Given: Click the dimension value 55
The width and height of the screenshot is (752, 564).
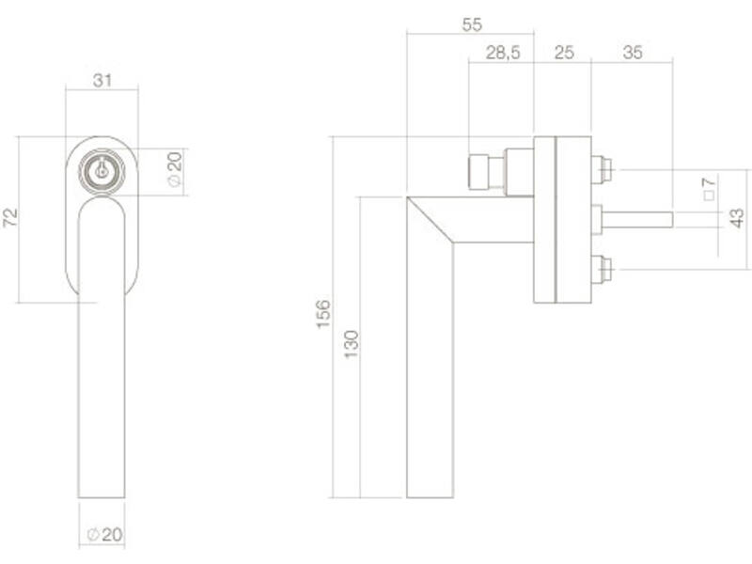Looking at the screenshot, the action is [x=472, y=24].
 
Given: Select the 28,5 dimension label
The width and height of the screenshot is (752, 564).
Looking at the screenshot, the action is [x=503, y=53].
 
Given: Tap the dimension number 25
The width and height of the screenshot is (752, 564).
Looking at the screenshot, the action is [x=563, y=53].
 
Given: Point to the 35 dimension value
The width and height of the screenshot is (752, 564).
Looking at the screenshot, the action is [x=633, y=53].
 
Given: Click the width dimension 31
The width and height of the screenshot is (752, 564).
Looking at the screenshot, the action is [x=102, y=80].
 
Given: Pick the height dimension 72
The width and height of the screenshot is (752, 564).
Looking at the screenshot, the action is [x=10, y=218].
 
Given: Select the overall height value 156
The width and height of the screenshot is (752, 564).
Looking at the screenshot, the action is [x=323, y=314].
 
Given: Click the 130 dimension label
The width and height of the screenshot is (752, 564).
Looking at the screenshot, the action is [x=351, y=344].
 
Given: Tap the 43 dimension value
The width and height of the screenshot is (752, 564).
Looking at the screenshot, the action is [x=736, y=218].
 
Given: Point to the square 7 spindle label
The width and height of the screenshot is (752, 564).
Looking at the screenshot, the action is [x=709, y=189].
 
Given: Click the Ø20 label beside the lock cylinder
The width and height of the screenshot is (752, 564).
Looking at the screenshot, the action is [x=175, y=168].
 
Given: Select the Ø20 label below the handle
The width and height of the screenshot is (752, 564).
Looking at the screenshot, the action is [x=105, y=534].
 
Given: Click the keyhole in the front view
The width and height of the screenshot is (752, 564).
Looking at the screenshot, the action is [x=102, y=170].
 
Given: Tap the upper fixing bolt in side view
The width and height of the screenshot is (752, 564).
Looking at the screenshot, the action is [x=602, y=170].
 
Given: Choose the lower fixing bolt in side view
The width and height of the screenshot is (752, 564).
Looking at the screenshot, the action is [x=602, y=270].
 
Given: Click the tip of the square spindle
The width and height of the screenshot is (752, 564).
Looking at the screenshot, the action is [x=672, y=220].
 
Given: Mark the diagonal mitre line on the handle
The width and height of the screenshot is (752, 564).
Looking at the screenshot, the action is [x=430, y=219].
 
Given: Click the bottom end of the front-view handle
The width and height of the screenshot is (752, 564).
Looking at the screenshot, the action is [x=102, y=497].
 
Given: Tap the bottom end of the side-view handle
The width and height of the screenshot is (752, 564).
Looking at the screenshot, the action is [x=430, y=497].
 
